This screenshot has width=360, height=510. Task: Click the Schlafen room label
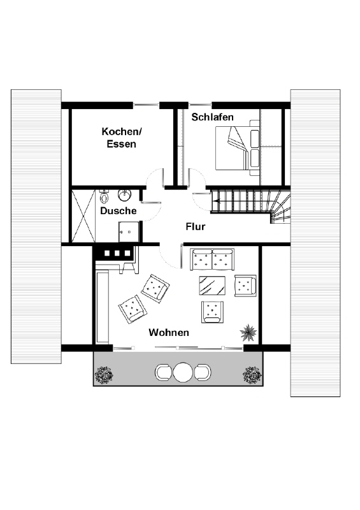point(212,117)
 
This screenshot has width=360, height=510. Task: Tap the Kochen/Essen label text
point(122,138)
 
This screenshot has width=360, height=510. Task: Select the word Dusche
point(118,211)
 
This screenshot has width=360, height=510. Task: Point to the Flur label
point(196,226)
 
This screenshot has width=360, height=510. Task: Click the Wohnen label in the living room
point(169,332)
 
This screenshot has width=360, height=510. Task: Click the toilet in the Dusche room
point(104,196)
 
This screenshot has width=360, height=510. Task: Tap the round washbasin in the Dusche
point(124,195)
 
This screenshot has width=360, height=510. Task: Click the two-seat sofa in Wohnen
point(212,259)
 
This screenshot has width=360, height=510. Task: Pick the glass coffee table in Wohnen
point(212,286)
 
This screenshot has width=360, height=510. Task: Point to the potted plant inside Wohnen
point(248,332)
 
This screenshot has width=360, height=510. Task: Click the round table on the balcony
point(184,372)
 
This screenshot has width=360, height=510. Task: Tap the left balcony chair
point(164,372)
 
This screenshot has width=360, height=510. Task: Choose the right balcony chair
point(203,372)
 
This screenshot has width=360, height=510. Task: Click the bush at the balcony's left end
point(104,375)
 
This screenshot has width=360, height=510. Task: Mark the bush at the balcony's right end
point(252,375)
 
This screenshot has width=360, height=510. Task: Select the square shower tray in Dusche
point(129,231)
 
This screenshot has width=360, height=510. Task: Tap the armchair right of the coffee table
point(245,286)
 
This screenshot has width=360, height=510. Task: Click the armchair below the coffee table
point(212,312)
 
